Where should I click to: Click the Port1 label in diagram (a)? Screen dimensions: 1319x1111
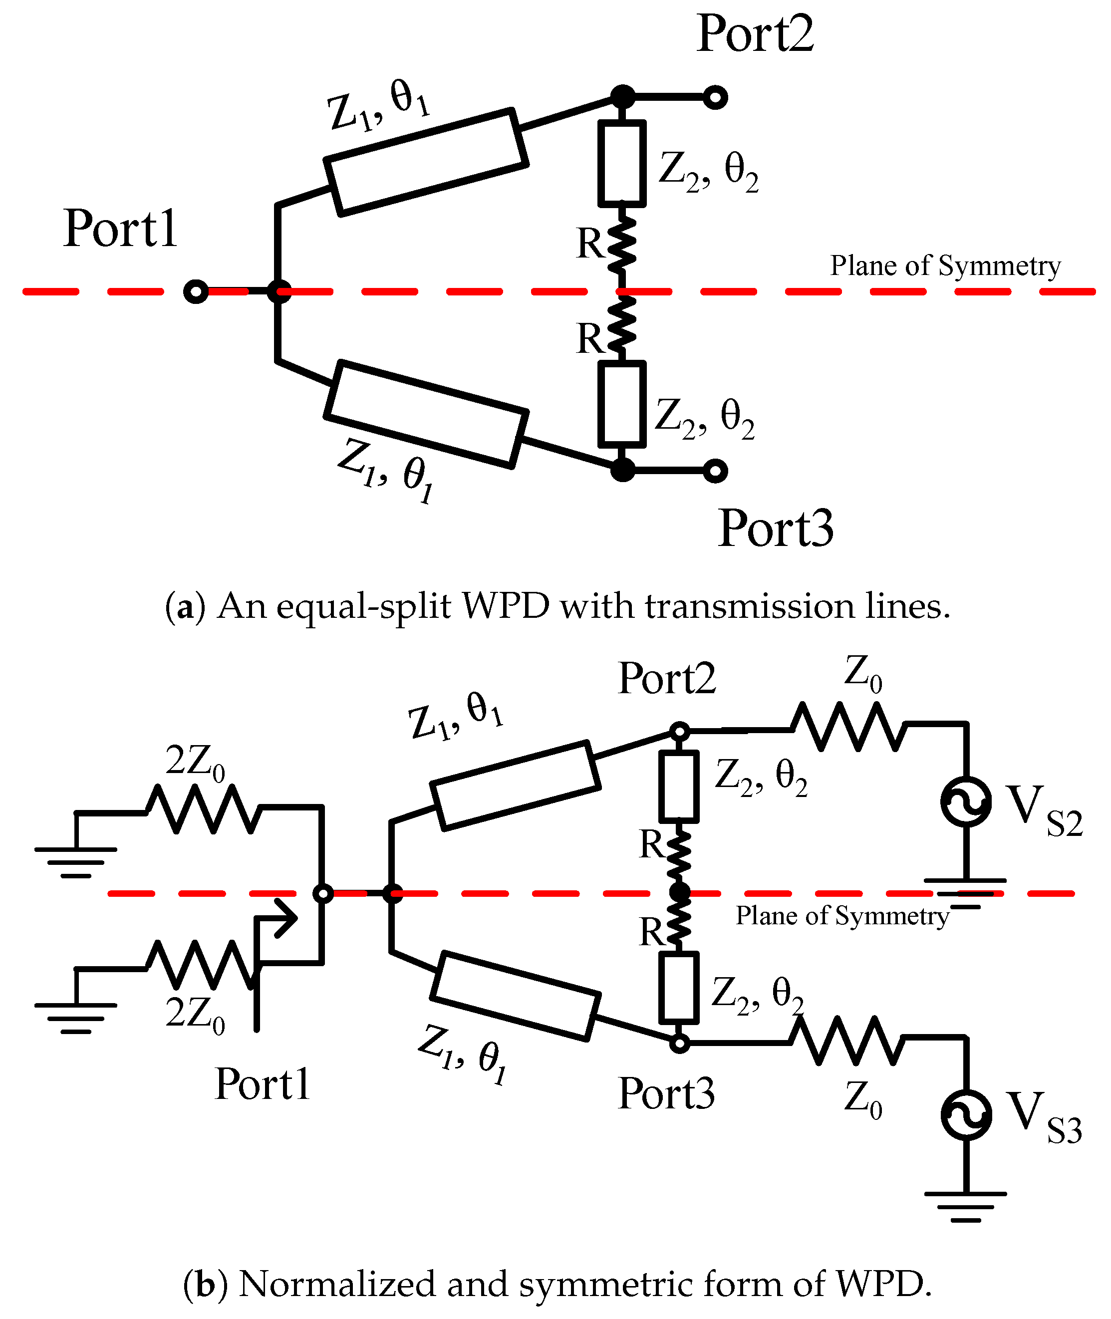[120, 229]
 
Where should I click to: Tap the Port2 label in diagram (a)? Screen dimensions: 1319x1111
[755, 34]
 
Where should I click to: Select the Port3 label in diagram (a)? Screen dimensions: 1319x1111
[776, 529]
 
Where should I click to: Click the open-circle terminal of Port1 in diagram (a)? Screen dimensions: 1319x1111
[196, 291]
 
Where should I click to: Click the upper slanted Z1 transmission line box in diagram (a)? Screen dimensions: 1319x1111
[426, 162]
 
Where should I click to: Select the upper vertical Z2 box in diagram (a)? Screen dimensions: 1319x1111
[622, 164]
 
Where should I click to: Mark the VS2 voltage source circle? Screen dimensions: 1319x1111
[965, 801]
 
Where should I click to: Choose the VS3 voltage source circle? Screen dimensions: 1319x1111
[965, 1114]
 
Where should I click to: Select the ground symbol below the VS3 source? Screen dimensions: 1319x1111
[965, 1206]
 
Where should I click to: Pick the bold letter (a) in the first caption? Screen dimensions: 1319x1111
[185, 607]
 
